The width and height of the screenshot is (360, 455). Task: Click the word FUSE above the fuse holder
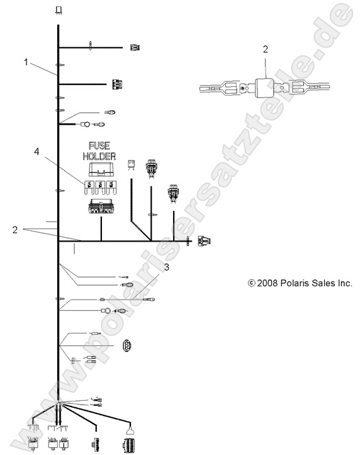(99, 145)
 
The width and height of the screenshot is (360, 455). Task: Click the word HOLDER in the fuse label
(99, 156)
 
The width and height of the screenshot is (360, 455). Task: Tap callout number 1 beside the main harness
(26, 62)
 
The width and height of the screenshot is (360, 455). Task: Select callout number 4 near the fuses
(37, 151)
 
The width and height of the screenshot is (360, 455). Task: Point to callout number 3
(167, 267)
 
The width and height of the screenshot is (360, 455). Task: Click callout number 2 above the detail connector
(266, 49)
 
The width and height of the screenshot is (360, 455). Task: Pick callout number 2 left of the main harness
(15, 230)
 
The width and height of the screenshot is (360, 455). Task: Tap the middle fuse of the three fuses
(100, 188)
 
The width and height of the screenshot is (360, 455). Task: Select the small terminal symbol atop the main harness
(59, 11)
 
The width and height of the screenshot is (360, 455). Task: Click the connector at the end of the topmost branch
(135, 47)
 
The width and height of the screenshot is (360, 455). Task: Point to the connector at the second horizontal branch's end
(118, 84)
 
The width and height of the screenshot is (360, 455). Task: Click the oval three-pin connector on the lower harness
(127, 345)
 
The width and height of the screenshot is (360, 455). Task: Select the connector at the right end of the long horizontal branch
(205, 241)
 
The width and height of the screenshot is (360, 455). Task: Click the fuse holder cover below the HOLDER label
(101, 169)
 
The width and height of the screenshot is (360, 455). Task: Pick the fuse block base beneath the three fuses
(101, 206)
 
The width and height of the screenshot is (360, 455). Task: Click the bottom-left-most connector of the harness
(33, 443)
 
